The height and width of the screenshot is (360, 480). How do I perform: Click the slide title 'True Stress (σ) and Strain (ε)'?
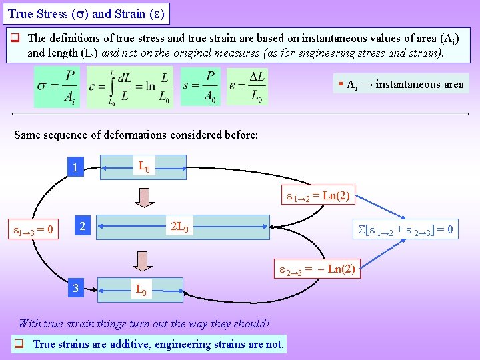click(x=85, y=13)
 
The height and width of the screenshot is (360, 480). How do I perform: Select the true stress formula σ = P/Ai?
click(x=57, y=87)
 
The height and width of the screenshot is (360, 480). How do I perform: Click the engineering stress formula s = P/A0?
click(x=201, y=87)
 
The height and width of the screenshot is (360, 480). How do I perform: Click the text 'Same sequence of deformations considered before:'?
click(x=136, y=135)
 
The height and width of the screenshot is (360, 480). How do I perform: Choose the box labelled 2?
click(x=81, y=227)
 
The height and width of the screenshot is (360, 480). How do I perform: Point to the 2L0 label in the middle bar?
click(x=180, y=227)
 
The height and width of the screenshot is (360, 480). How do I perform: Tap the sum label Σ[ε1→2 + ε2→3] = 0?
click(x=407, y=230)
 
